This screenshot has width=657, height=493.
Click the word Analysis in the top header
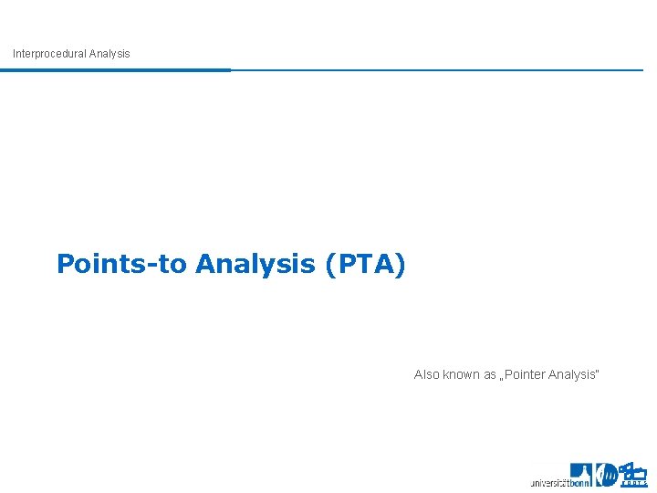pyautogui.click(x=109, y=54)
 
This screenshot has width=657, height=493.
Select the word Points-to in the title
pyautogui.click(x=122, y=265)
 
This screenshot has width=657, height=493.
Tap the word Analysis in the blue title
pyautogui.click(x=255, y=265)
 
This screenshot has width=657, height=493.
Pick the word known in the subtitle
pyautogui.click(x=462, y=374)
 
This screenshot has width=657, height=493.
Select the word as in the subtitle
pyautogui.click(x=490, y=374)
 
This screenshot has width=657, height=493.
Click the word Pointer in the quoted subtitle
pyautogui.click(x=527, y=374)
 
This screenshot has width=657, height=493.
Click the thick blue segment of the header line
pyautogui.click(x=115, y=69)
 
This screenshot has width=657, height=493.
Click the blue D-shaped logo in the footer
pyautogui.click(x=606, y=475)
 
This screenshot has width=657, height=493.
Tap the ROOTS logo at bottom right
pyautogui.click(x=632, y=474)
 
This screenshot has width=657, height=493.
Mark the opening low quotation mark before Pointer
pyautogui.click(x=503, y=379)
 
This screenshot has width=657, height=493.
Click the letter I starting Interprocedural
pyautogui.click(x=15, y=54)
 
